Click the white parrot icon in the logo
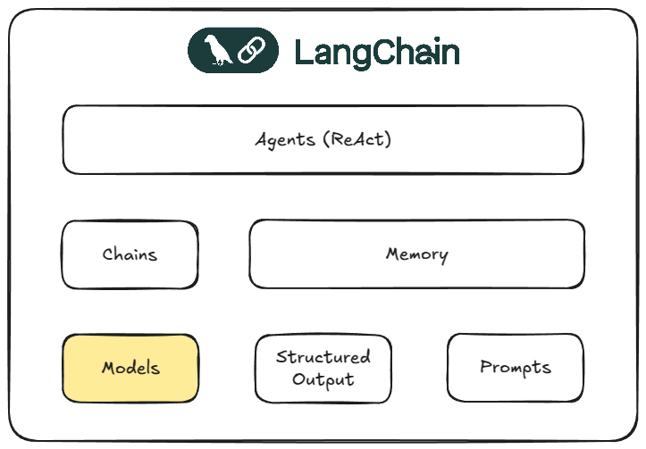coord(217,51)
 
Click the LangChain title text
coord(376,52)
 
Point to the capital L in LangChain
coord(302,52)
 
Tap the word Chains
coord(130,254)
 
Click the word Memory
coord(416,254)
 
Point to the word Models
coord(130,368)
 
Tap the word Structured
coord(323,357)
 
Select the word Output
coord(323,378)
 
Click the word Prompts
coord(515,367)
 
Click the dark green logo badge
coord(231,51)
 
